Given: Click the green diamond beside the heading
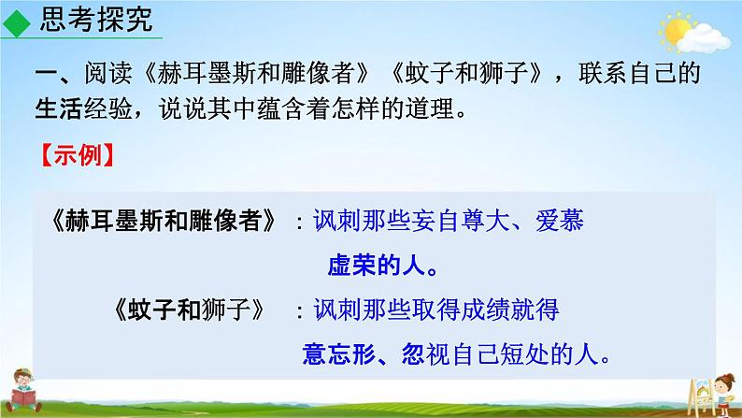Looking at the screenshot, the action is coord(16,23).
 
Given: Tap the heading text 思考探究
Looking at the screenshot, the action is coord(96,20).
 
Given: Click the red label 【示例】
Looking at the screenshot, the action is coord(78,155).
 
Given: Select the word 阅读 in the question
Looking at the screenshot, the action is coord(108,73).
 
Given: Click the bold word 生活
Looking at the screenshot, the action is coord(59,108).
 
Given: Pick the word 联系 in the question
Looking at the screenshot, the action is coord(603,73).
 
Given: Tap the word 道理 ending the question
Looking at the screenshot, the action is coord(430,108).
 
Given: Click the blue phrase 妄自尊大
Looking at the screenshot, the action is coord(460,221).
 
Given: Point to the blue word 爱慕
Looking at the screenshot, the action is coord(560,221).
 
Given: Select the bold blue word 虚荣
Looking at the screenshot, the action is coord(351,265).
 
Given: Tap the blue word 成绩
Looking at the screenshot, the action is coord(485,310).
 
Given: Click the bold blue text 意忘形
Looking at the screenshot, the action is coord(339,354).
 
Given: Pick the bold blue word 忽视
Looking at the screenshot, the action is coord(425,354).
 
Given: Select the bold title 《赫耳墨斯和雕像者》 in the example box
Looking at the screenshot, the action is coord(164,221).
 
